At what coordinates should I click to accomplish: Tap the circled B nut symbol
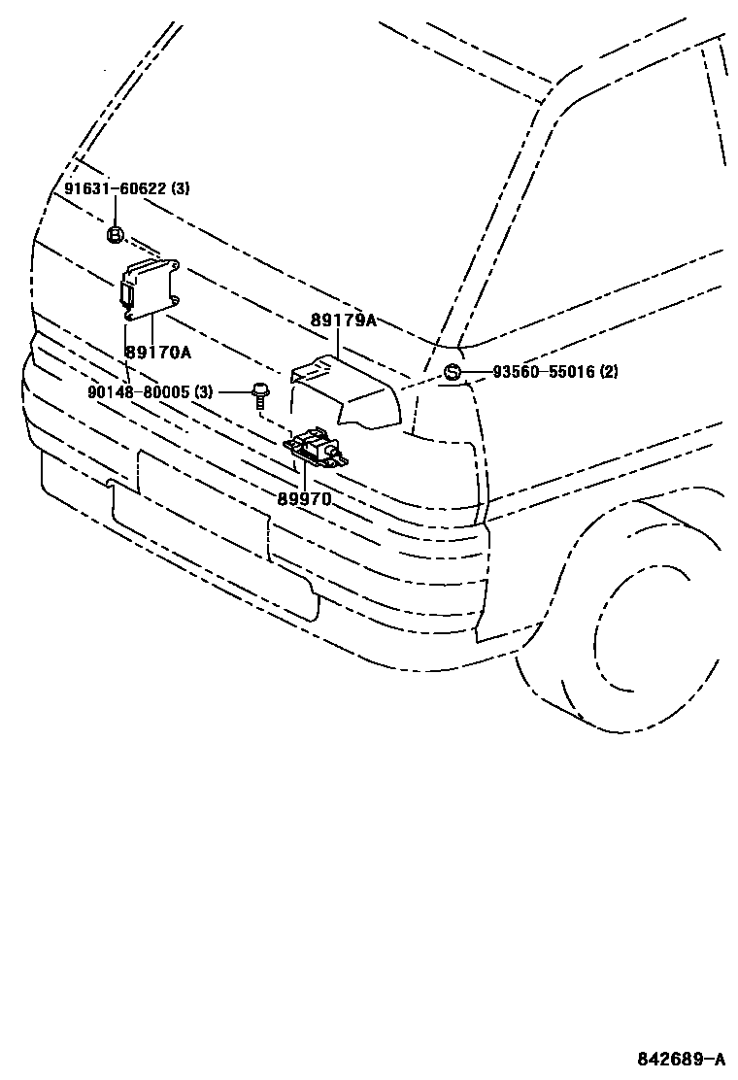pyautogui.click(x=115, y=234)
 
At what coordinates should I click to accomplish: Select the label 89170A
pyautogui.click(x=158, y=352)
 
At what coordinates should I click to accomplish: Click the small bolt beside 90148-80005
pyautogui.click(x=259, y=395)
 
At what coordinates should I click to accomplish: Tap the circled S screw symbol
pyautogui.click(x=453, y=372)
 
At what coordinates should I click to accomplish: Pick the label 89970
pyautogui.click(x=304, y=498)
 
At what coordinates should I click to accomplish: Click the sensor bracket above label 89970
pyautogui.click(x=316, y=450)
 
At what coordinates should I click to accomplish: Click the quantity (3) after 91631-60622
pyautogui.click(x=181, y=189)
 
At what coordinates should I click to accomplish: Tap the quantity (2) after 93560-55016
pyautogui.click(x=609, y=372)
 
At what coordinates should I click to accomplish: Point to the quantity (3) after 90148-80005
pyautogui.click(x=203, y=391)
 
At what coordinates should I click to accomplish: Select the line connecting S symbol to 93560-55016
pyautogui.click(x=475, y=372)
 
